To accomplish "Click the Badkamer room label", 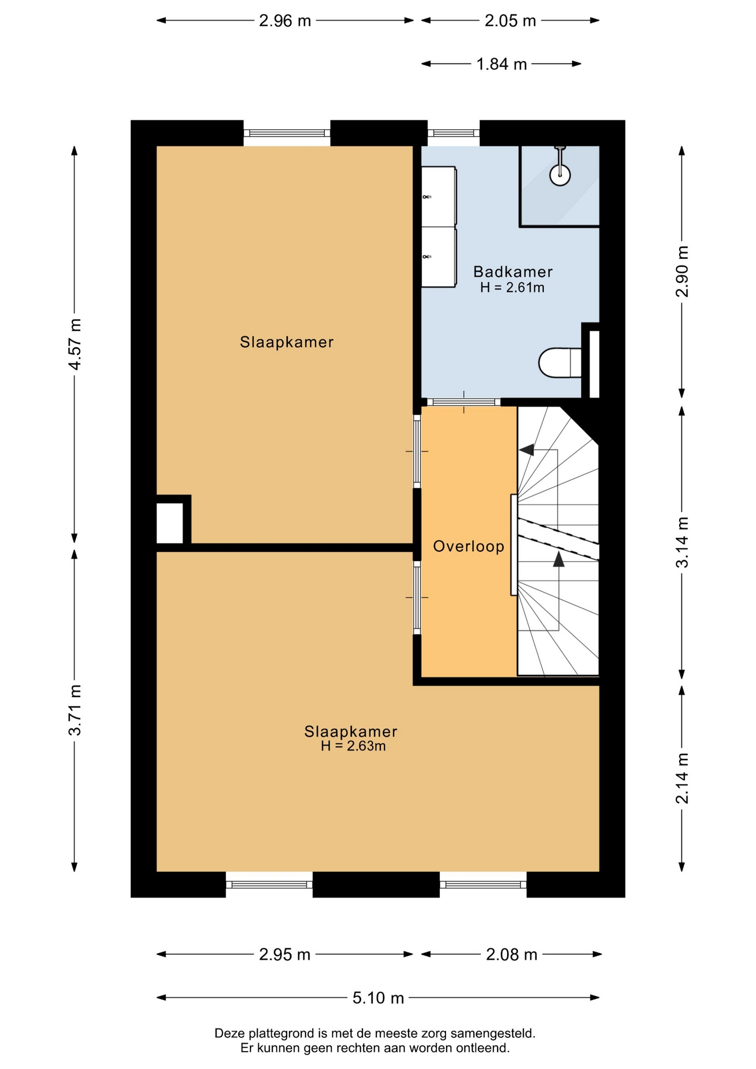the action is [513, 272].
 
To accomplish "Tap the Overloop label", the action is [469, 546].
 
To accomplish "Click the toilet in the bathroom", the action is [560, 362].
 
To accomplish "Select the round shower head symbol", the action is [560, 175].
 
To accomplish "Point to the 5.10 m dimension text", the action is [378, 998].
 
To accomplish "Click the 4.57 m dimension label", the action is [75, 344].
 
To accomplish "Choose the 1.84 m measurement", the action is [501, 64].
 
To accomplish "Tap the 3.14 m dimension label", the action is [682, 542].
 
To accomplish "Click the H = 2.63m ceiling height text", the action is [353, 746].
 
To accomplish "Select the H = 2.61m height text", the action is [512, 287].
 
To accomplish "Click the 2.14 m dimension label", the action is [682, 778].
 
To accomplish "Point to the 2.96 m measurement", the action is [285, 21].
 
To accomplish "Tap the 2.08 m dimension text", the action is [512, 954].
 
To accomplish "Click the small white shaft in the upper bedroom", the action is [170, 523].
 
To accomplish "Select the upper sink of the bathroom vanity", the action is [439, 197].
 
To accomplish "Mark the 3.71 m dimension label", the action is [75, 710].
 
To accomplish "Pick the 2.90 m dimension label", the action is [682, 271].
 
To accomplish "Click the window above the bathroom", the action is [454, 133].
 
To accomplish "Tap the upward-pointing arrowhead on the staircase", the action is [558, 559].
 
